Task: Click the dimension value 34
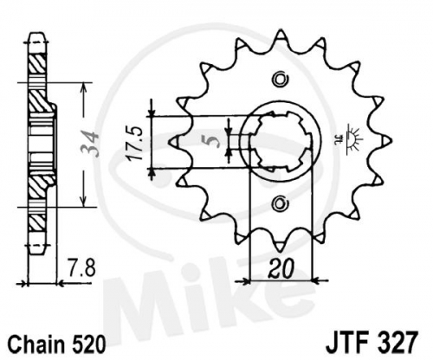[x=89, y=144]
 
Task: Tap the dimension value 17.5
[x=136, y=143]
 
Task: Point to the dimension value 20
[x=281, y=269]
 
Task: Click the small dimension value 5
[x=215, y=141]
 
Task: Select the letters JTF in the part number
[x=347, y=343]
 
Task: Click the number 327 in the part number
[x=396, y=343]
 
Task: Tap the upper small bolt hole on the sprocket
[x=280, y=79]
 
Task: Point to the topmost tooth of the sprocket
[x=280, y=35]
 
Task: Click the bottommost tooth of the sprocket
[x=280, y=245]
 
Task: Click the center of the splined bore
[x=281, y=141]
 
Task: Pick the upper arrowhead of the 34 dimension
[x=83, y=89]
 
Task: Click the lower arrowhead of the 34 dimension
[x=83, y=201]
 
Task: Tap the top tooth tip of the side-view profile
[x=37, y=34]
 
